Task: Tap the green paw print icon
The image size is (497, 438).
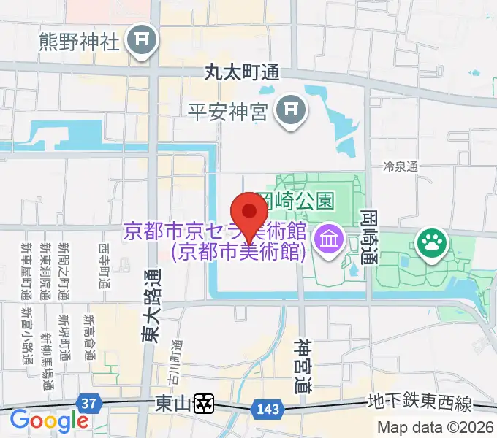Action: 431,245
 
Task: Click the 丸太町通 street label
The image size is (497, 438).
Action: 243,73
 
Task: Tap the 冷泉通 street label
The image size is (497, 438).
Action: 400,166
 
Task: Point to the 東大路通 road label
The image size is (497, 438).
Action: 149,307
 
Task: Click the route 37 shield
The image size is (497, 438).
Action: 88,403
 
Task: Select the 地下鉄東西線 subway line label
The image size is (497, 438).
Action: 420,404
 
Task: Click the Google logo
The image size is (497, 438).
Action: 48,421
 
